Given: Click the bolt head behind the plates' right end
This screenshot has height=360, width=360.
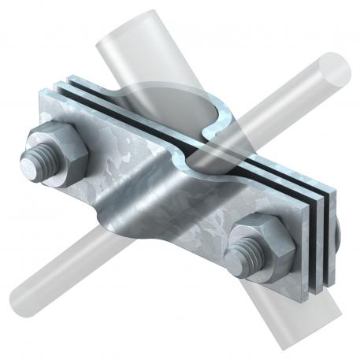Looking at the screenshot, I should tap(336, 232).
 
